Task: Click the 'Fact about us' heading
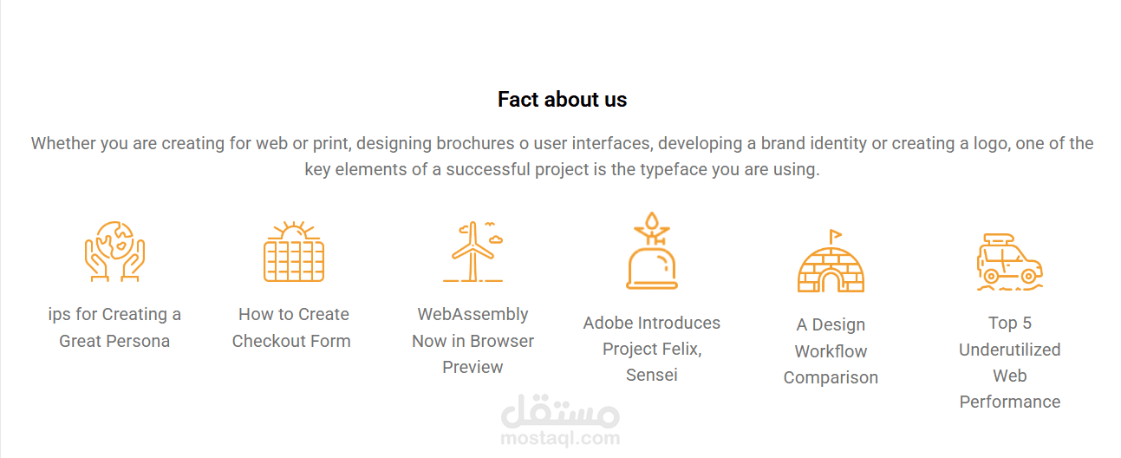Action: pos(562,100)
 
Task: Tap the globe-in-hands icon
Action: pos(114,252)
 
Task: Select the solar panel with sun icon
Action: pos(294,252)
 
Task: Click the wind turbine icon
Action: pos(473,252)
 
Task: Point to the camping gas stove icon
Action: pos(652,251)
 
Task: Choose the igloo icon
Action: pos(831,261)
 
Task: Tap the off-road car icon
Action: pos(1010,262)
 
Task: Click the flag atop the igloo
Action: pos(835,235)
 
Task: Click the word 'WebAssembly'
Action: pos(473,314)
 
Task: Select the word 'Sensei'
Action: pos(652,375)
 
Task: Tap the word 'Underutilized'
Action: pos(1010,350)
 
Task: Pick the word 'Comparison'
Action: pos(831,378)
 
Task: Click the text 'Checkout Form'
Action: pos(291,341)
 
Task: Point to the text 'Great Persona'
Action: pos(114,341)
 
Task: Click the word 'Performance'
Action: pos(1010,402)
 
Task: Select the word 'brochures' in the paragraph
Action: pos(475,143)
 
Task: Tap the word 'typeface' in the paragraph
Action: pos(674,170)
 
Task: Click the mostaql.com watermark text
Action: pos(560,438)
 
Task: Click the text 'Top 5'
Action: pos(1010,323)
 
